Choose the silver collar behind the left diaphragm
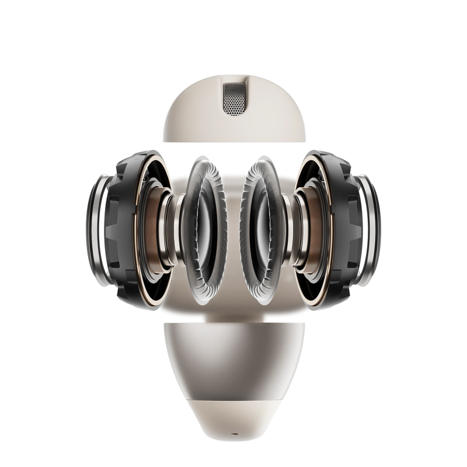click(172, 231)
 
